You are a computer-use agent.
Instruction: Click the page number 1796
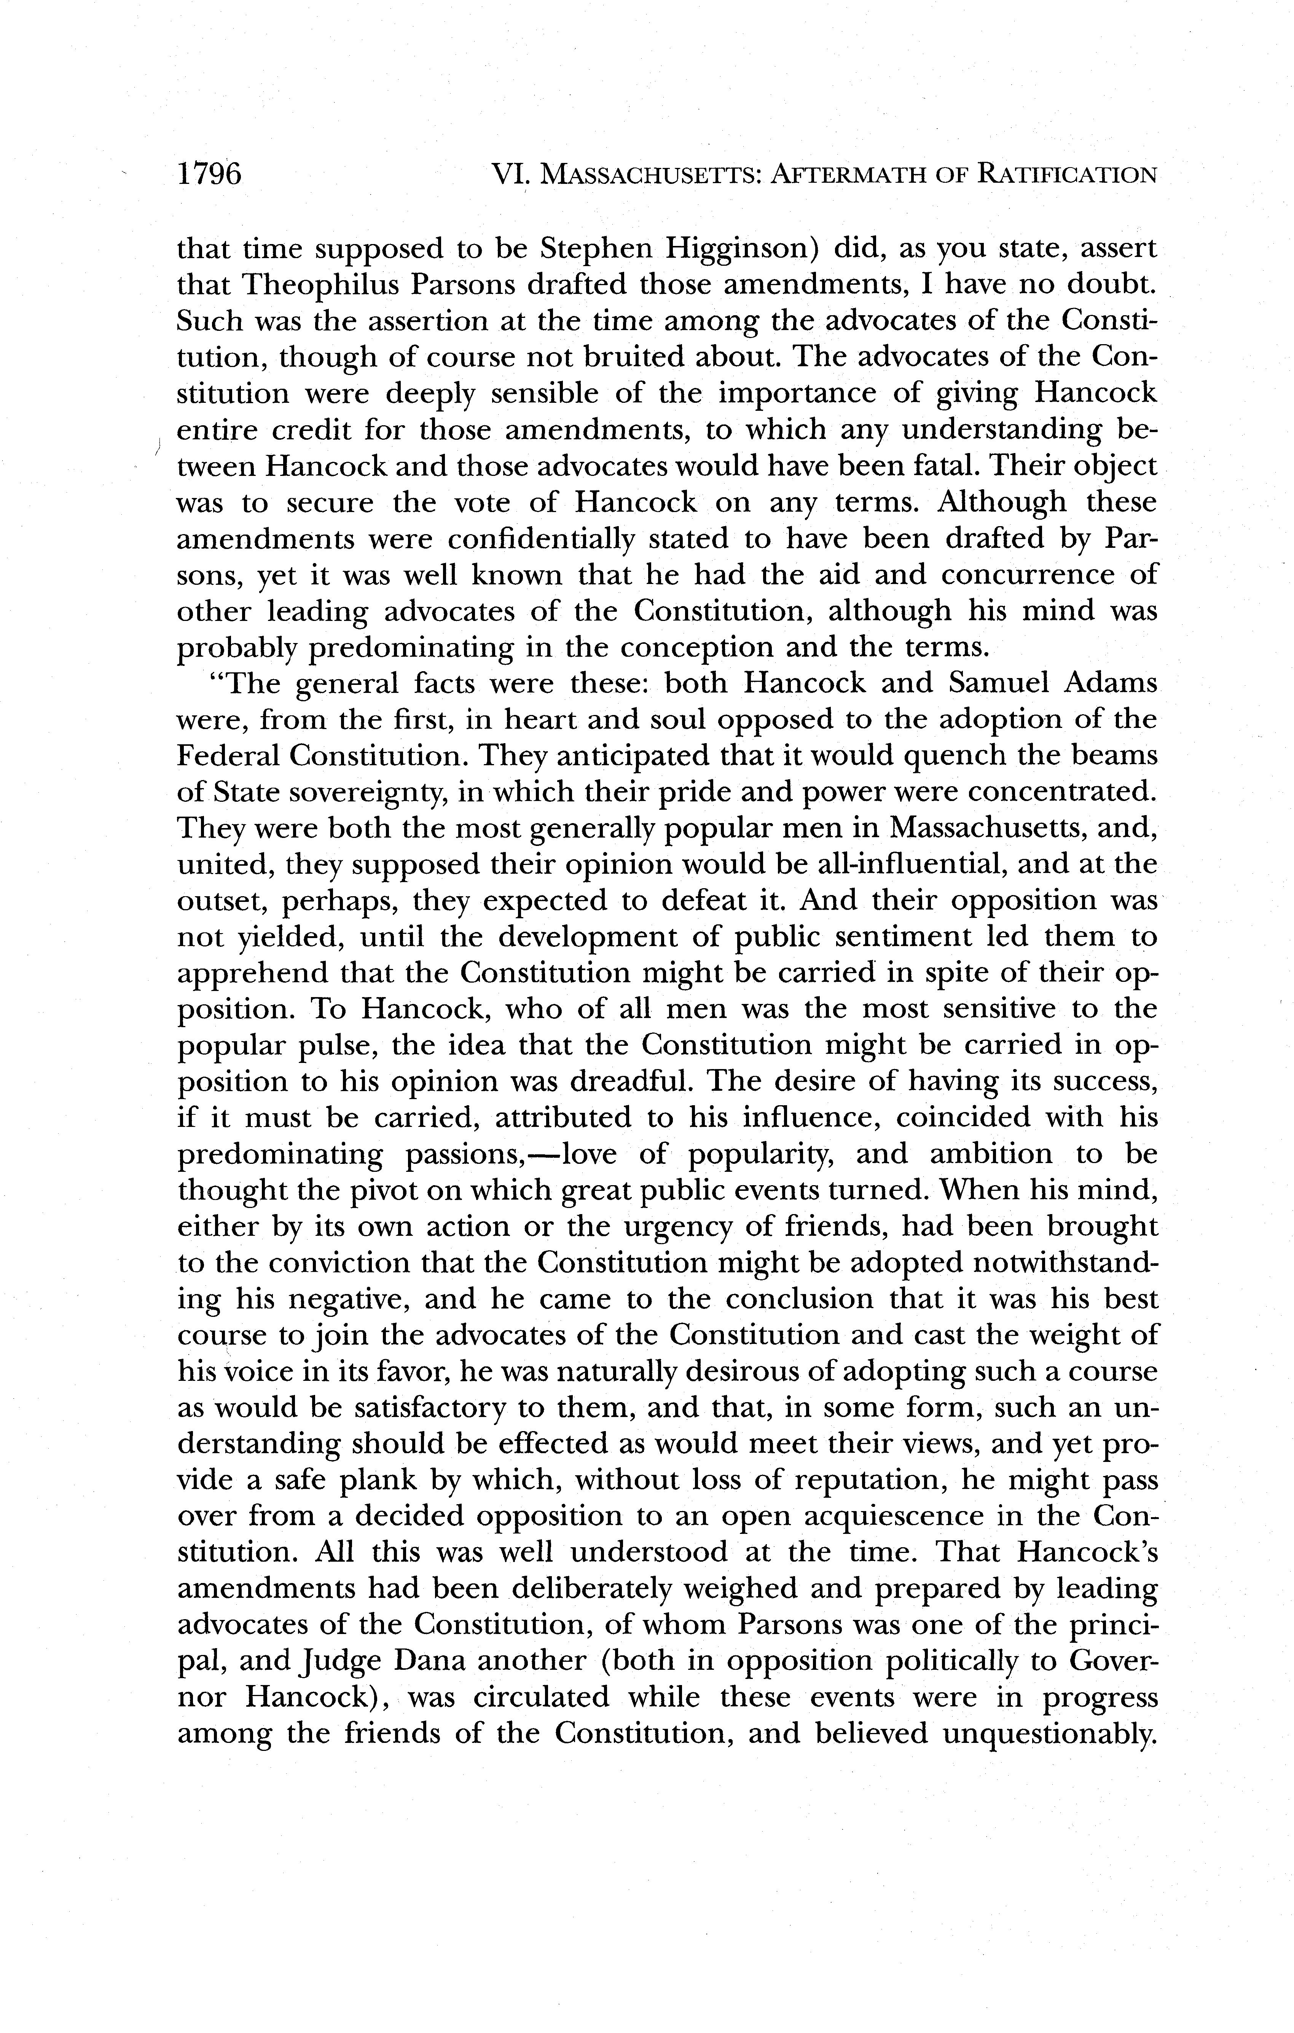209,174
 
